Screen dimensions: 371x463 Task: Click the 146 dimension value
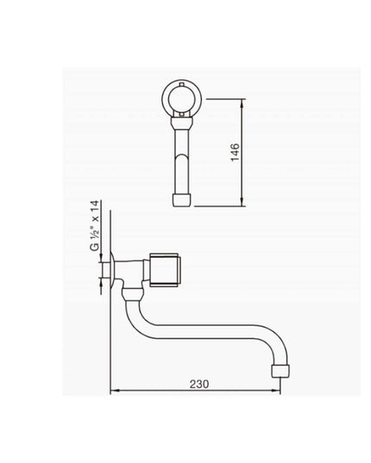[236, 152]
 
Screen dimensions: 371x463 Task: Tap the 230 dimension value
[199, 384]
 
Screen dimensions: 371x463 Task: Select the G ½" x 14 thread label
[95, 226]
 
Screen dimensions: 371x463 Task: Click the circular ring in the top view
[182, 99]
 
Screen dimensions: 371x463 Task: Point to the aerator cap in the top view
[182, 199]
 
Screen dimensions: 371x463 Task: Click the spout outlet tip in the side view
[280, 371]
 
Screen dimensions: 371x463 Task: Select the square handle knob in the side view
[165, 270]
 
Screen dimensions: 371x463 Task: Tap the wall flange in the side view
[112, 270]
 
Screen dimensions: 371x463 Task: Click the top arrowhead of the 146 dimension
[242, 102]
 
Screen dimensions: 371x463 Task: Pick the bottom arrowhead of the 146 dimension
[242, 203]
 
